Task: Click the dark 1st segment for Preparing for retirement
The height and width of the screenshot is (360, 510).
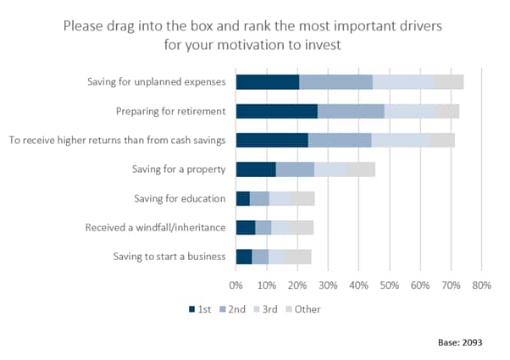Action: pyautogui.click(x=277, y=111)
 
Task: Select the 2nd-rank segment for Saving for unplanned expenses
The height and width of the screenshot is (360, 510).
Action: pyautogui.click(x=336, y=82)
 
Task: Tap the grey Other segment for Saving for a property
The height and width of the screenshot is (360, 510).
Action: pyautogui.click(x=361, y=169)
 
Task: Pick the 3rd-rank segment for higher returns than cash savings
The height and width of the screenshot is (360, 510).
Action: pyautogui.click(x=401, y=140)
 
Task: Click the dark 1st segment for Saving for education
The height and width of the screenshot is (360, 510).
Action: pyautogui.click(x=243, y=199)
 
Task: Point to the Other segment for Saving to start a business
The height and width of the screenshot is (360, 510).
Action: pyautogui.click(x=298, y=257)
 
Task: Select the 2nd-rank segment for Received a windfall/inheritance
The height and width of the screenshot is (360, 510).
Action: pyautogui.click(x=263, y=228)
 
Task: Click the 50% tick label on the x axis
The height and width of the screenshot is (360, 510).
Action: pyautogui.click(x=390, y=285)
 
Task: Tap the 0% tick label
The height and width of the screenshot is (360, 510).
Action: pyautogui.click(x=236, y=285)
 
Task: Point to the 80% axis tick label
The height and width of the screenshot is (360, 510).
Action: pyautogui.click(x=481, y=285)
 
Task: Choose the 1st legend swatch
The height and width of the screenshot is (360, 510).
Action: pyautogui.click(x=192, y=309)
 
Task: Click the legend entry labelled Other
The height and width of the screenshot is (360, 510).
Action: pyautogui.click(x=302, y=309)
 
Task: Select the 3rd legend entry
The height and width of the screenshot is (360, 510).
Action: pyautogui.click(x=266, y=309)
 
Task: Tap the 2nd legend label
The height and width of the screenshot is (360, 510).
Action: pyautogui.click(x=237, y=309)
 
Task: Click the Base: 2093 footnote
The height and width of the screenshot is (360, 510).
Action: pyautogui.click(x=460, y=342)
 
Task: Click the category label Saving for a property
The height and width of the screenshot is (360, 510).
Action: pyautogui.click(x=179, y=169)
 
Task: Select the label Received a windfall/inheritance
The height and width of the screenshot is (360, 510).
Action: pyautogui.click(x=156, y=227)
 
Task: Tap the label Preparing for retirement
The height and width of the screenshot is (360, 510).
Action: pyautogui.click(x=171, y=112)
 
